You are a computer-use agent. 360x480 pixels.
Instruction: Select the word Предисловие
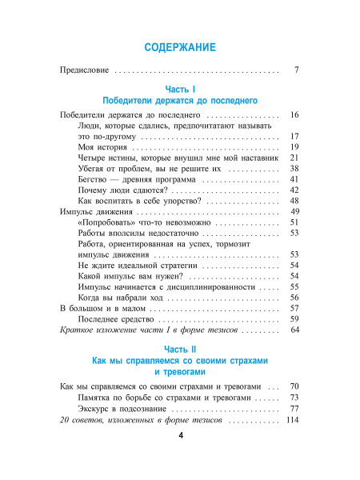coord(85,71)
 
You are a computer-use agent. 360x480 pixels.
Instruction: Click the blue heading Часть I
coord(180,89)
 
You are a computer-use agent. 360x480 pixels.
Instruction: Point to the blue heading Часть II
coord(180,350)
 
